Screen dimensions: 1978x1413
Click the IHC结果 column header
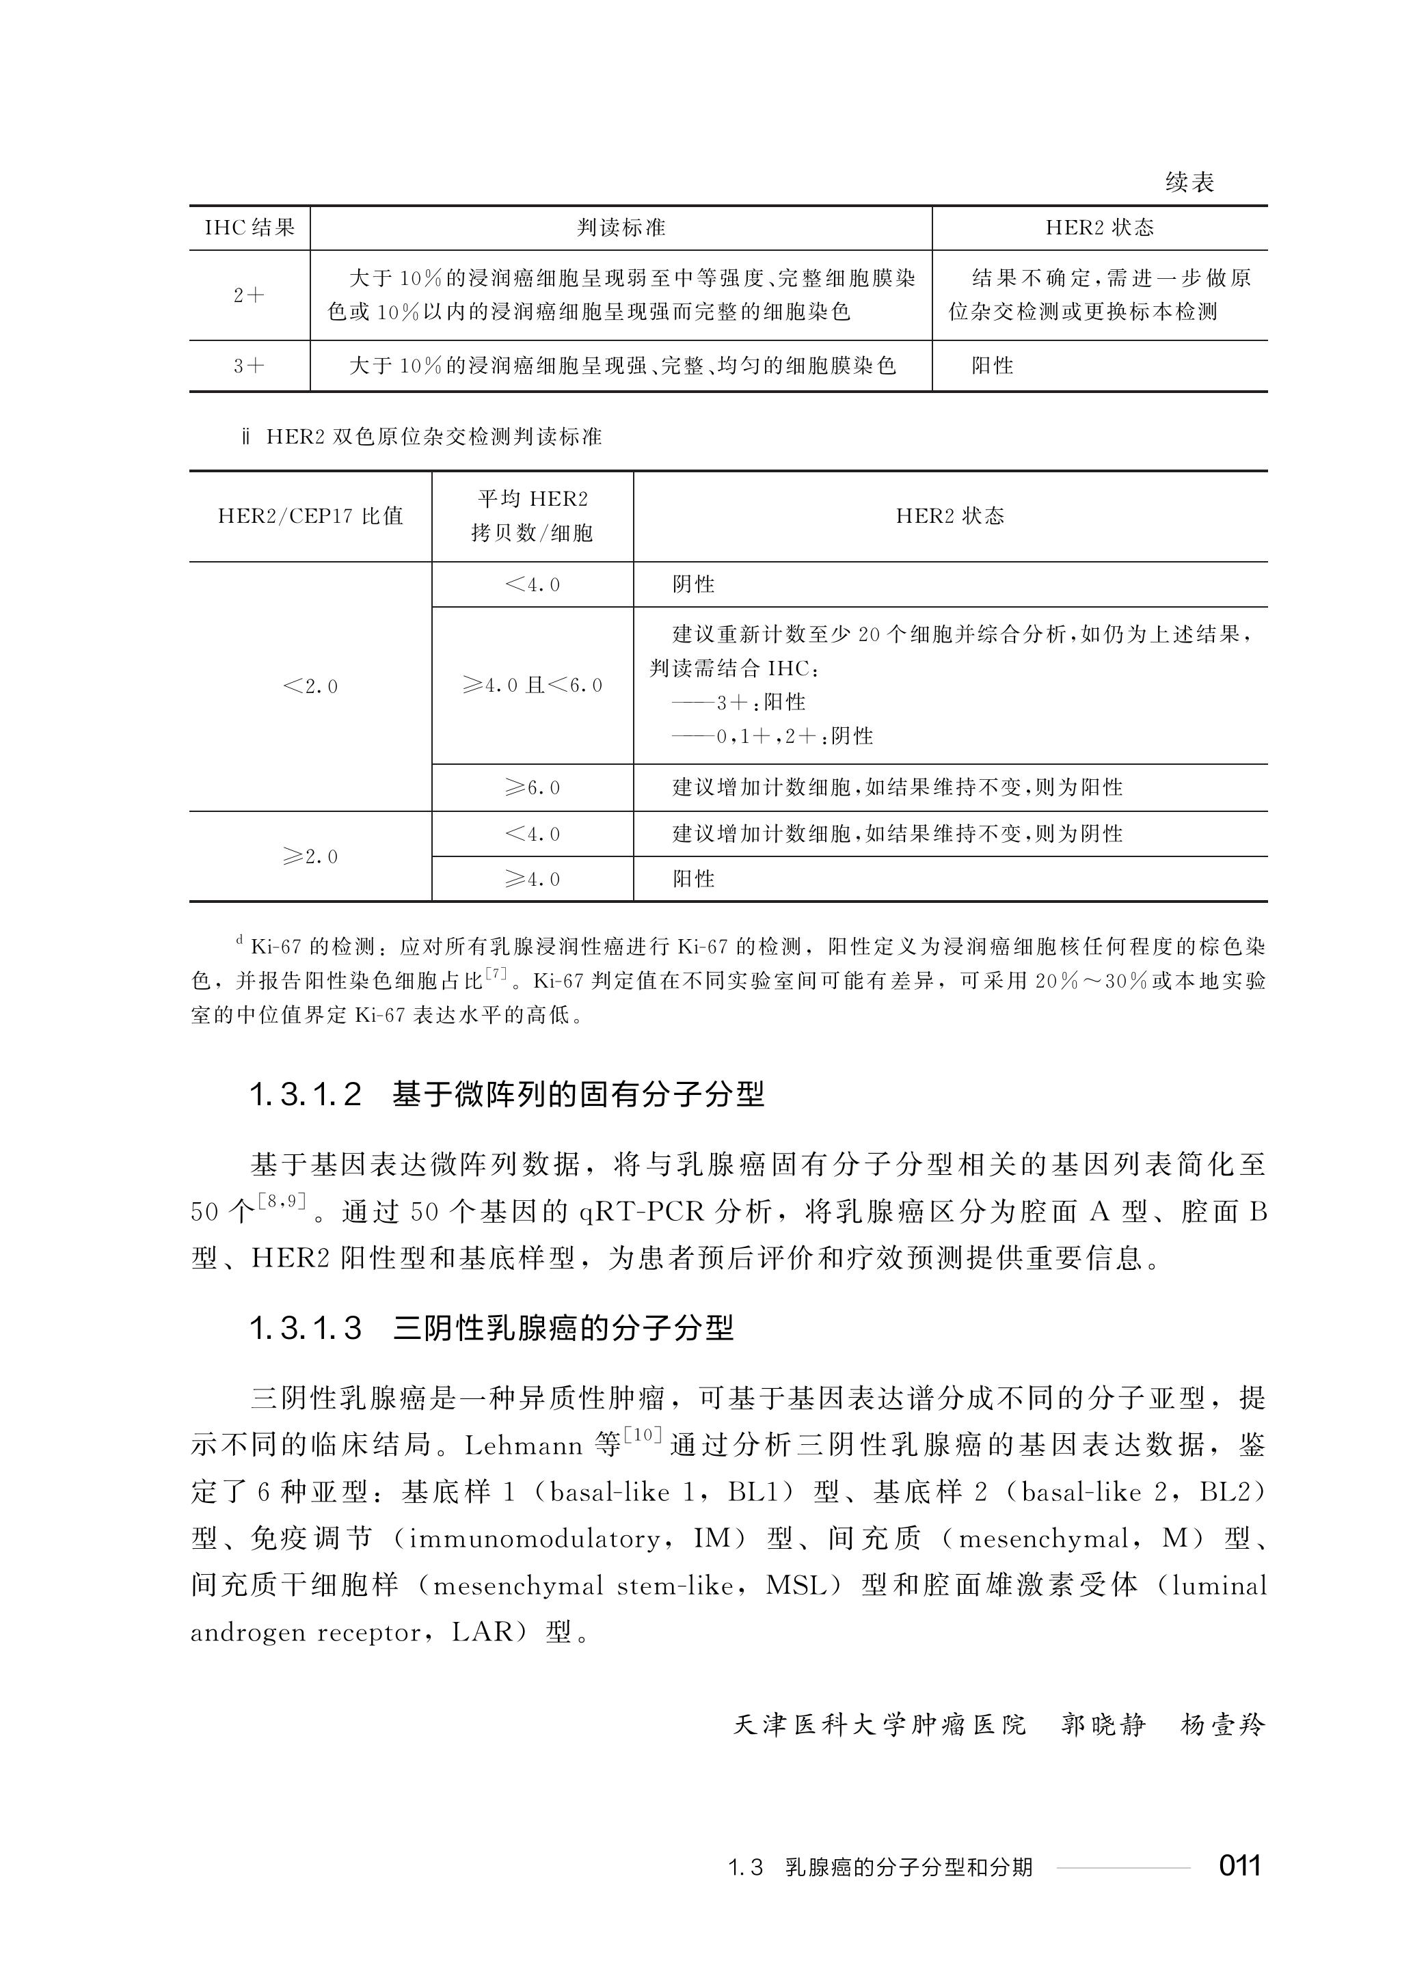point(250,228)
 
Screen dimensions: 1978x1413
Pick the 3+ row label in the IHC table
point(249,366)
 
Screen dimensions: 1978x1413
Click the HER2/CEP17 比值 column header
point(310,516)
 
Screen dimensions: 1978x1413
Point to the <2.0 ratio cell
point(310,686)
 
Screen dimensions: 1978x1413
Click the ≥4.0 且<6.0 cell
point(532,686)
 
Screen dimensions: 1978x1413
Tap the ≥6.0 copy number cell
point(532,788)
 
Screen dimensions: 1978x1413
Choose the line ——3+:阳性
point(739,702)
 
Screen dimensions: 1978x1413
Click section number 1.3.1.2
point(306,1094)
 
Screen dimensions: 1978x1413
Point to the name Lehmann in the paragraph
point(523,1446)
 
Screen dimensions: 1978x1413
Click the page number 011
point(1240,1866)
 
